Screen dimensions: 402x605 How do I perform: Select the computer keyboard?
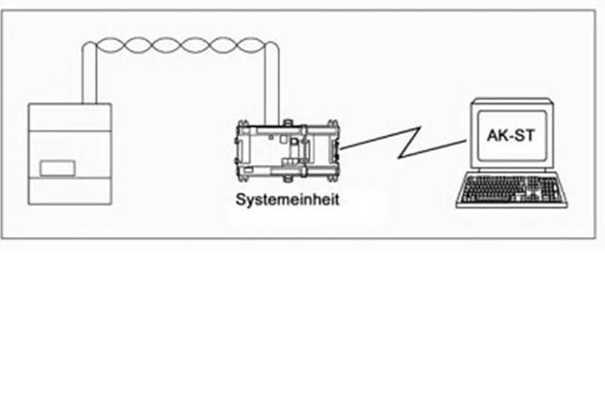(x=510, y=190)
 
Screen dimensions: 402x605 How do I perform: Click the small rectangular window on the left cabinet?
(x=58, y=168)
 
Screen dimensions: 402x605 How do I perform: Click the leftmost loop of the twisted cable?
(x=107, y=44)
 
